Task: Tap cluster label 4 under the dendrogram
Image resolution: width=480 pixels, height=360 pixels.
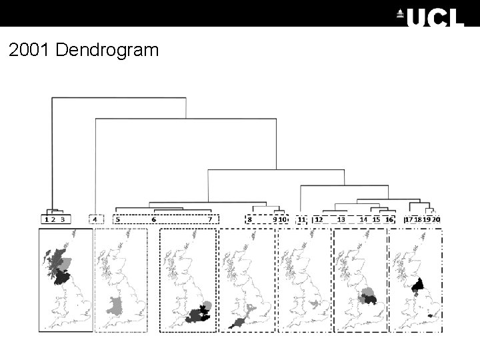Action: tap(95, 219)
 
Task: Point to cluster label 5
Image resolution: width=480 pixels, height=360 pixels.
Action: tap(118, 219)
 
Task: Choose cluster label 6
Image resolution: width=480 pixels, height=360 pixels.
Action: tap(153, 219)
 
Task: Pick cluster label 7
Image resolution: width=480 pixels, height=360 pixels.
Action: tap(210, 219)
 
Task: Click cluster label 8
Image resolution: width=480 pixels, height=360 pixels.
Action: tap(249, 219)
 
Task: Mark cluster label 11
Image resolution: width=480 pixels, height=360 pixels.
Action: tap(301, 219)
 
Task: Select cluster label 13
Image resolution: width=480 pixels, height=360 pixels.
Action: tap(341, 219)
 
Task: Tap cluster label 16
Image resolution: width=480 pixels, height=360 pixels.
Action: tap(389, 219)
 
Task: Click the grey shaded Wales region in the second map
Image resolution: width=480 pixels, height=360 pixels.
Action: tap(116, 307)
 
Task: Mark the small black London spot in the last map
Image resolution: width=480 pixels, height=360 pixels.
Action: tap(431, 315)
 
